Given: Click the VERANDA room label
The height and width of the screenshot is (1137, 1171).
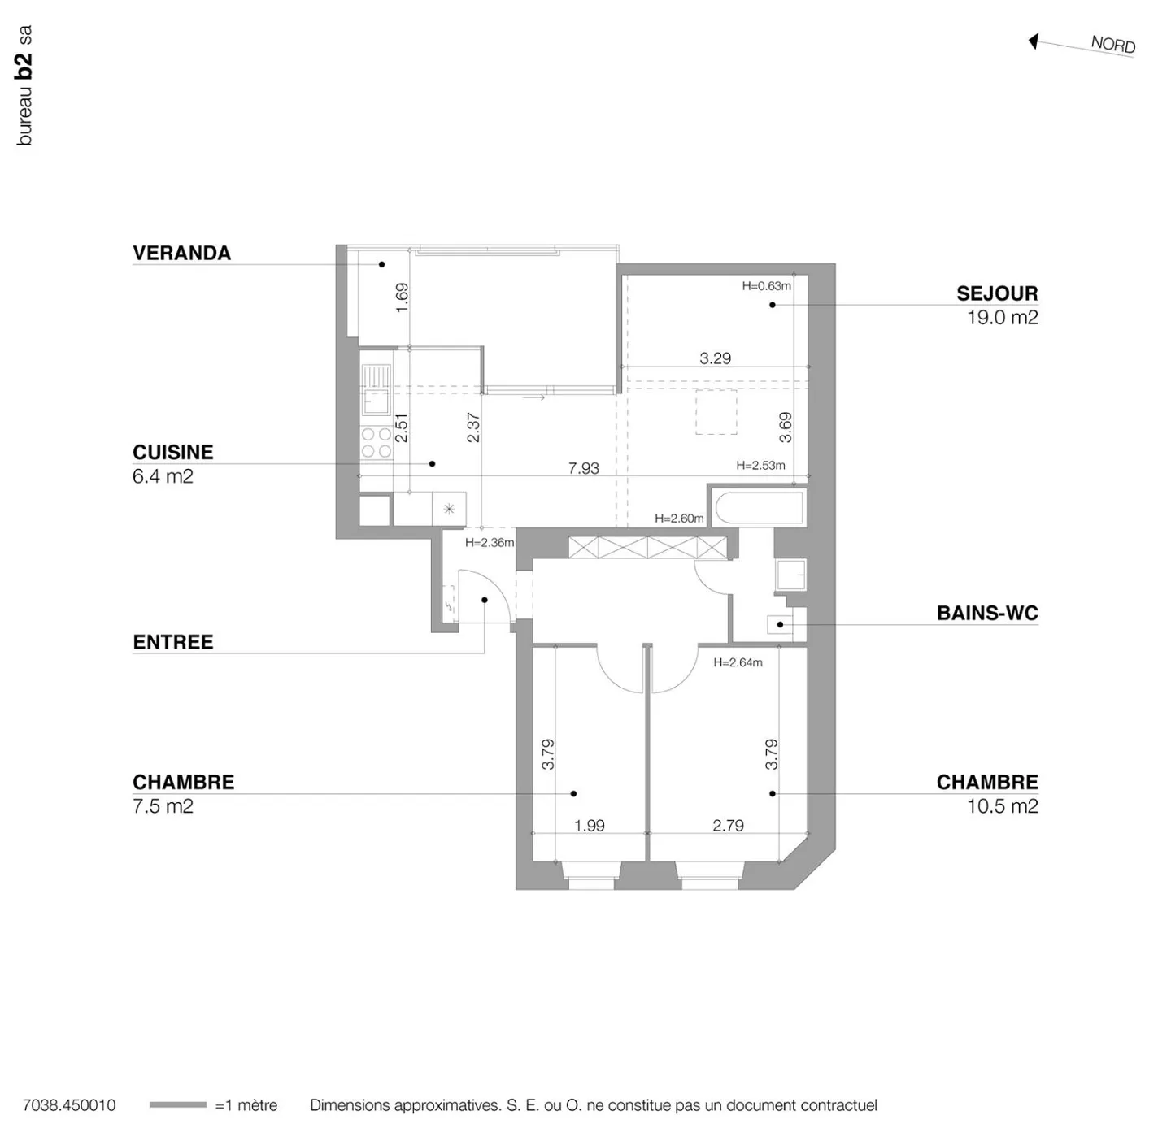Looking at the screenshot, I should point(181,254).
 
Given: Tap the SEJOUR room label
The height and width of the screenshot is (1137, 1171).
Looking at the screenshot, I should point(996,293).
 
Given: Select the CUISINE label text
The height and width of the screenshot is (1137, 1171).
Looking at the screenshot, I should point(172,453).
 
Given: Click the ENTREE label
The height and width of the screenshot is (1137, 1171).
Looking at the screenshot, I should point(172,642).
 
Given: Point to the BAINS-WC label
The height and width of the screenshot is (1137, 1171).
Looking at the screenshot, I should point(986,613).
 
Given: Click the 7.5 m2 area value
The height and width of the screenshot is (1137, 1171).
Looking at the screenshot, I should point(163,806).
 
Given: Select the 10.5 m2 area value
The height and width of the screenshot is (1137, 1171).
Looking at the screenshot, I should point(1002,806).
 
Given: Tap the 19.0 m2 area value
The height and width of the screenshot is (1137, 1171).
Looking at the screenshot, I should point(1002,318).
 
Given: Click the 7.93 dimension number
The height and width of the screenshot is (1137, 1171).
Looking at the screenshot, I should point(583,468).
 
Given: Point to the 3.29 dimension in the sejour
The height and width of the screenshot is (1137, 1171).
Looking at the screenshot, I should point(715,358).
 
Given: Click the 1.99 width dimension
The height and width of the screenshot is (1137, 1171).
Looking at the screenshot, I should point(589,826).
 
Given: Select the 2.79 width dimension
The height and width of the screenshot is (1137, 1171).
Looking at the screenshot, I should point(728,826).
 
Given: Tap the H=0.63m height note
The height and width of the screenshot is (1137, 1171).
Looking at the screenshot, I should point(766,286).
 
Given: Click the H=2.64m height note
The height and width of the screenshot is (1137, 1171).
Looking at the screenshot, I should point(738,662).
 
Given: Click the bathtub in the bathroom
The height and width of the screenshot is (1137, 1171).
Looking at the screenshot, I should point(759,508).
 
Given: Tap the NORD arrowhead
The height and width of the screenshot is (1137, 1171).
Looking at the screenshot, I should point(1034,41).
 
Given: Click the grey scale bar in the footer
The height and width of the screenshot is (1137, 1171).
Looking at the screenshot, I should point(177,1105).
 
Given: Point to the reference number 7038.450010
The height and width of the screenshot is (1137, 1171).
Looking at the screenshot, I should point(69,1105).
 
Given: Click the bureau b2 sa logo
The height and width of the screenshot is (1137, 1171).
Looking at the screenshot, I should point(24,86).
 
